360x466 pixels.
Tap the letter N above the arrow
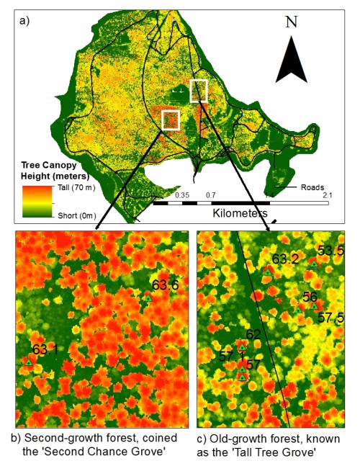291,22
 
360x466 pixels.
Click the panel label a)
24,20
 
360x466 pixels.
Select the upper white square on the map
198,91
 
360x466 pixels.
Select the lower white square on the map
171,120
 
